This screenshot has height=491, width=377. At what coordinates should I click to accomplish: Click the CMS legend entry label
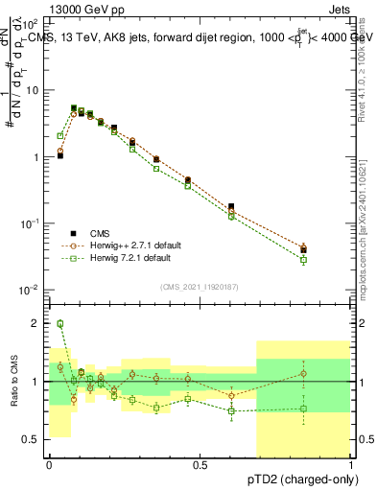click(x=100, y=233)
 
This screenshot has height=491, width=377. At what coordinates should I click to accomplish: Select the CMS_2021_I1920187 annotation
click(x=200, y=285)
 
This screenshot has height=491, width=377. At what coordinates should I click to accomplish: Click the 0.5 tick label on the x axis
click(x=200, y=464)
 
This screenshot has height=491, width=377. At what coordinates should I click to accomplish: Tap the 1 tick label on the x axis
click(x=350, y=464)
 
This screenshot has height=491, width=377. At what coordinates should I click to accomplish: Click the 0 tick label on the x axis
click(x=49, y=464)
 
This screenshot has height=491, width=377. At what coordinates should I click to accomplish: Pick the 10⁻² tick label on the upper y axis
click(x=30, y=290)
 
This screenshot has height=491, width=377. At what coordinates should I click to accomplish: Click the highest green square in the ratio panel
click(x=59, y=324)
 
